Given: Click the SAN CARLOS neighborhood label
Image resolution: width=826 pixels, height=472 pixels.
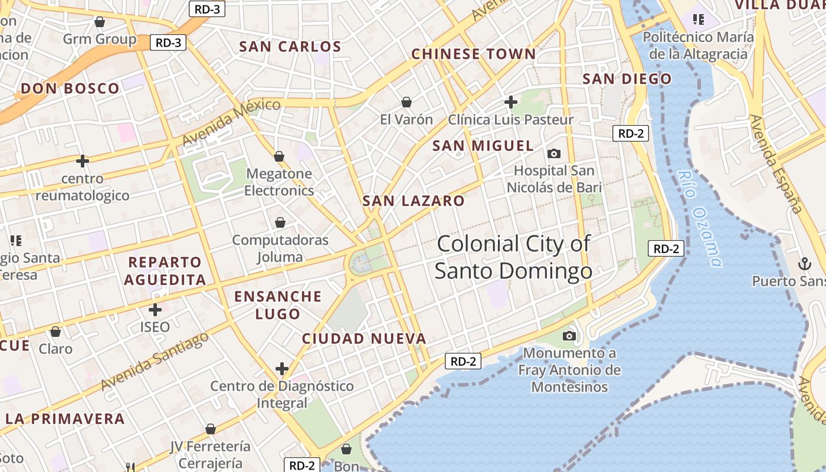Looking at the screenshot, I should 290,47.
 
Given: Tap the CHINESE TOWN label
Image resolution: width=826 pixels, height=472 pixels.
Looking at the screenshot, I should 473,54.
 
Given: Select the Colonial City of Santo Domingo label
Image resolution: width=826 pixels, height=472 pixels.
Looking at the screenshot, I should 513,257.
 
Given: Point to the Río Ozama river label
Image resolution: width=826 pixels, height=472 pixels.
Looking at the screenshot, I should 700,218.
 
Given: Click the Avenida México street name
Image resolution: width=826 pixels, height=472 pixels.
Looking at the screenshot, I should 231,123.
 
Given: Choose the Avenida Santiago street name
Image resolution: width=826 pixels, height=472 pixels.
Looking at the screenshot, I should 155,361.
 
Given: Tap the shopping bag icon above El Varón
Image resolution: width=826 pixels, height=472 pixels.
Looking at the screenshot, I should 407,102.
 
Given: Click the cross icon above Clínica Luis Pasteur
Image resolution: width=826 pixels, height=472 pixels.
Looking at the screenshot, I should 511,102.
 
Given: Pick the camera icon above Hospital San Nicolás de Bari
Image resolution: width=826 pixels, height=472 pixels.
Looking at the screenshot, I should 554,153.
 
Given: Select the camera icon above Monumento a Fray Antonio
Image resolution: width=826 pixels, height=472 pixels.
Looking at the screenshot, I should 569,336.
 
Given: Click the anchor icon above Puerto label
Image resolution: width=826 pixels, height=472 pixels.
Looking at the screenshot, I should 804,264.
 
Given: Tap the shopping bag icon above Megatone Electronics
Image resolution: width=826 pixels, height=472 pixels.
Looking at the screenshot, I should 279,156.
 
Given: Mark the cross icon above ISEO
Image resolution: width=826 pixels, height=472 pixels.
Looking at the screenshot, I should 155,309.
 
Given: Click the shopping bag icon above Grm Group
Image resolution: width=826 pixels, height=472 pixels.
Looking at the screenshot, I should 100,22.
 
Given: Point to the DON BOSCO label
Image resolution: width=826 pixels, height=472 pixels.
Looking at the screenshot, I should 70,89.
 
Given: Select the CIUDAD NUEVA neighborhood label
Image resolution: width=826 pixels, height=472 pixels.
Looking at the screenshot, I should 364,339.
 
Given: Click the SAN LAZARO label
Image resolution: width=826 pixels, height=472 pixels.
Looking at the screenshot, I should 414,201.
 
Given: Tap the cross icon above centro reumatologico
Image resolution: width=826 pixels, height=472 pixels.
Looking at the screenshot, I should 83,160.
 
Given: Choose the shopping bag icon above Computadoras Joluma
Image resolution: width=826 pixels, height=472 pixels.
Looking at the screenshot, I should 280,222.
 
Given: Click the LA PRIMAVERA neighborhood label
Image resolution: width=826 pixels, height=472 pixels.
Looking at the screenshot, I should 65,419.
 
